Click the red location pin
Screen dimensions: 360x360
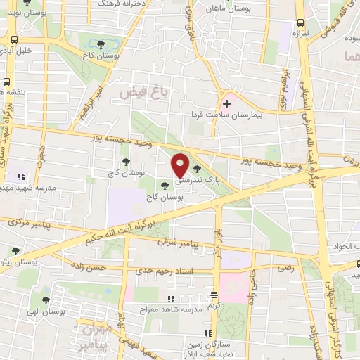click(x=181, y=165)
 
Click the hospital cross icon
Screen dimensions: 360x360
click(x=226, y=103)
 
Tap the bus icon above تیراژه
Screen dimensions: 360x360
click(x=301, y=23)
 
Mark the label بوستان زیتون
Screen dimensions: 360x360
click(x=20, y=262)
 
